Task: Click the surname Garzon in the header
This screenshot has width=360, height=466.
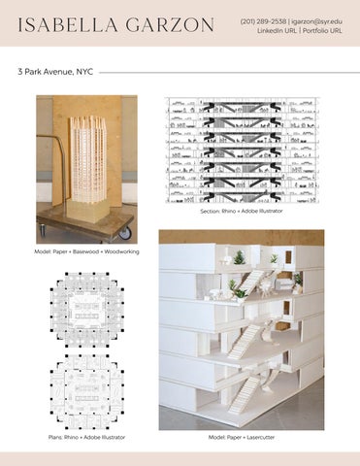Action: click(x=170, y=25)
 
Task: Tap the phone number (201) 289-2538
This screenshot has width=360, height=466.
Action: click(x=263, y=21)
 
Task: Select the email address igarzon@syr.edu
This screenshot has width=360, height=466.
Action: click(x=316, y=21)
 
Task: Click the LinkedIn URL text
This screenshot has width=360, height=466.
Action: click(x=277, y=31)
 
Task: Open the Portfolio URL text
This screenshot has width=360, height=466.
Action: click(x=322, y=31)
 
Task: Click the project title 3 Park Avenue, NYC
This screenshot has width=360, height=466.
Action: click(x=55, y=72)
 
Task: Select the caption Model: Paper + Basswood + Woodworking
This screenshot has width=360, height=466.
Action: click(x=86, y=251)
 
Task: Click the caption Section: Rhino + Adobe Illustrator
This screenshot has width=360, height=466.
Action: click(x=242, y=211)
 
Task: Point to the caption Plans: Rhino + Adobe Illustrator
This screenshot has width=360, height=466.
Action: click(x=86, y=437)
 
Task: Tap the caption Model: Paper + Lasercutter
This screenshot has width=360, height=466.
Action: click(x=242, y=437)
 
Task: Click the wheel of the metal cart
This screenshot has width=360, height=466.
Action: click(x=126, y=233)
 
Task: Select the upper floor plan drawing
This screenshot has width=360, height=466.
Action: click(x=87, y=310)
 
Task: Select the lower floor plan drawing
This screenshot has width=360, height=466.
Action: click(x=87, y=391)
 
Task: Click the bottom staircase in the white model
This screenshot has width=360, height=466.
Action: click(x=245, y=394)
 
